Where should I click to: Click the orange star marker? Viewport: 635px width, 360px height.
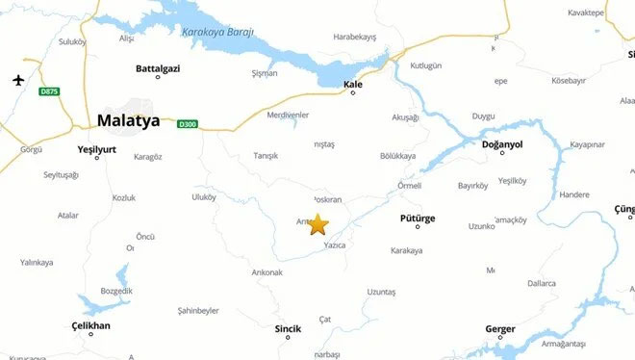pos(318,225)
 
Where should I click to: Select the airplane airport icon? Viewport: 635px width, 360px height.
pos(17,79)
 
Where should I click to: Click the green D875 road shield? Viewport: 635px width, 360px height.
pos(49,91)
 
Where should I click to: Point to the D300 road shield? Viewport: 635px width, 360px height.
pos(187,123)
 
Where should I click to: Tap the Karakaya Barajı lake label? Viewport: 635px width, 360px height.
pos(218,32)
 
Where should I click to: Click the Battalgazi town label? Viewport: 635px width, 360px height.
pos(158,68)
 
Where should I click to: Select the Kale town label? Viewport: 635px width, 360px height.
pos(353,85)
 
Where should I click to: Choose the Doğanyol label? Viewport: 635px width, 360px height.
pos(501,144)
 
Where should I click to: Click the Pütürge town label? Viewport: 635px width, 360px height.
pos(418,219)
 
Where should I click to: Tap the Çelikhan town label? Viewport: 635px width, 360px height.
pos(91,325)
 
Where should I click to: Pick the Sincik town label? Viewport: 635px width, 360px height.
pos(288,328)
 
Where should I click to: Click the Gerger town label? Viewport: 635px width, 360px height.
pos(499,328)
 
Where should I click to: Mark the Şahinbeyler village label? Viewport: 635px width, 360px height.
pos(198,311)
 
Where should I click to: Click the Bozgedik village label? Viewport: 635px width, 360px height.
pos(114,292)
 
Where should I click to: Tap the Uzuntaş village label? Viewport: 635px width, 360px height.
pos(381,292)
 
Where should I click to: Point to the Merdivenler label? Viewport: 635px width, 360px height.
pos(288,115)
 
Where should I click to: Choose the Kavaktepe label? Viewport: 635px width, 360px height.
pos(586,13)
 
